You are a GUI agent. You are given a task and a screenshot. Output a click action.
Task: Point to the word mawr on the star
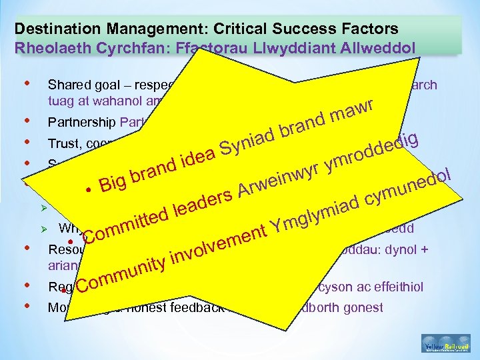[357, 106]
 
